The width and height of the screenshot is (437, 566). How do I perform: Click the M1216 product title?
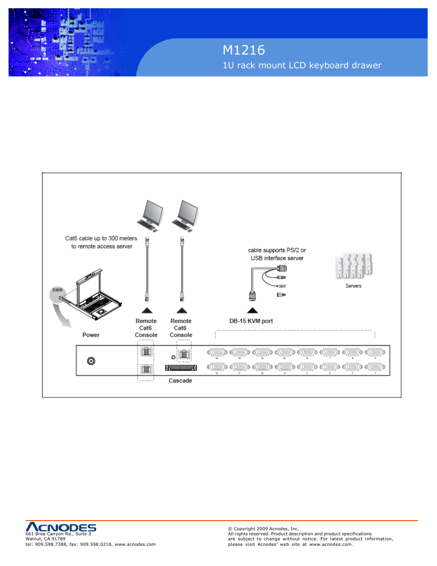244,50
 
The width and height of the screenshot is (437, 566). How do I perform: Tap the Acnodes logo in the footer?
61,527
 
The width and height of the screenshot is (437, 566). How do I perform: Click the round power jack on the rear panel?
91,361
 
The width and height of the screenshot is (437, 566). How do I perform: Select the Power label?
91,335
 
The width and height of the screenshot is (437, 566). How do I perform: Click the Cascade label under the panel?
180,381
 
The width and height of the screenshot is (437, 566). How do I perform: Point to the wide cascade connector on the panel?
181,368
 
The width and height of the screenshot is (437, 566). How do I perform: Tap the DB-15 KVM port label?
251,321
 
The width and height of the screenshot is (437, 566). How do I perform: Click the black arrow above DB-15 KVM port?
252,310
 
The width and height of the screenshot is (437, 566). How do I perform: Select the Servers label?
353,286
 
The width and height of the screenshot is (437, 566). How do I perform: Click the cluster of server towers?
354,266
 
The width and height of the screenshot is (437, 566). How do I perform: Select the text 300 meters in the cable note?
123,238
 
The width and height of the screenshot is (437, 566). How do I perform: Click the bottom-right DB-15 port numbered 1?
375,367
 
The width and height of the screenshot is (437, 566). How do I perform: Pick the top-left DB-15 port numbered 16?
217,352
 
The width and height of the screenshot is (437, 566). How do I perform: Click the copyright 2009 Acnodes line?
263,528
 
